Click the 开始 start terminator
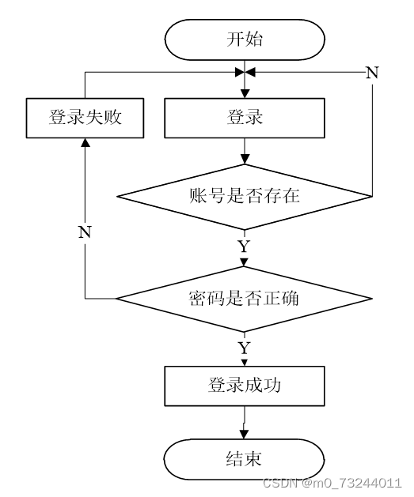[245, 40]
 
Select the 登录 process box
[245, 118]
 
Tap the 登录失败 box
[85, 118]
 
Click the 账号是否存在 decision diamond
[245, 197]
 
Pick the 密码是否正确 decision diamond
[244, 299]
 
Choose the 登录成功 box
[245, 386]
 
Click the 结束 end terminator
[244, 459]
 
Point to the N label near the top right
[372, 73]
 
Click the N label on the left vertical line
[85, 232]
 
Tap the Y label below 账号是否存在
[244, 247]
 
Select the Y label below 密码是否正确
[244, 348]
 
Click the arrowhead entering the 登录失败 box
[85, 142]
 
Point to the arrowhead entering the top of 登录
[245, 93]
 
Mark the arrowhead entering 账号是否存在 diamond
[245, 159]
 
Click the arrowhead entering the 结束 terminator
[244, 435]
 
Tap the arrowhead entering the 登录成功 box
[244, 363]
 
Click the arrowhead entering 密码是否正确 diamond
[244, 262]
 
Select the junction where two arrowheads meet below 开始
[245, 72]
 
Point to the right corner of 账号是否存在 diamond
[372, 197]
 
